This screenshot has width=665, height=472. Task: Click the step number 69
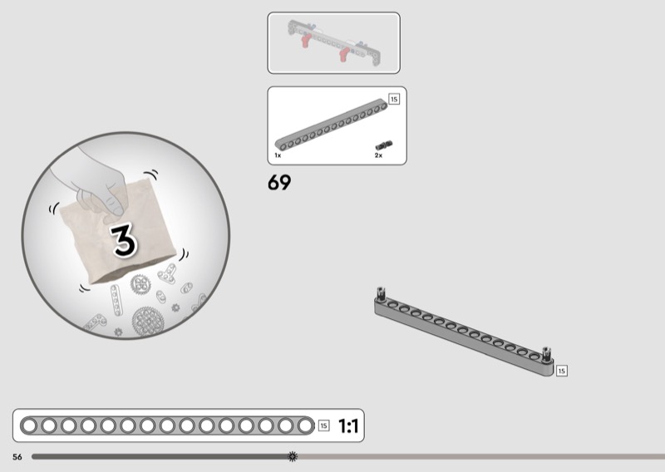[279, 182]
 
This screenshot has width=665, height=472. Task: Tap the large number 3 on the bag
[124, 240]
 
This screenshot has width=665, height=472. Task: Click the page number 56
[17, 457]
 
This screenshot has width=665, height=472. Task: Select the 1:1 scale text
[348, 425]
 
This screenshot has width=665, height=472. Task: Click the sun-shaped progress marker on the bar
[293, 456]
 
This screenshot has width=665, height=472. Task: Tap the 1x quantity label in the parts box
[278, 155]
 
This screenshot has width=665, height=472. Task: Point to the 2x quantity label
[378, 155]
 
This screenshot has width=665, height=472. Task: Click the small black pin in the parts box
[384, 145]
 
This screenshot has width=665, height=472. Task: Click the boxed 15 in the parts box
[394, 99]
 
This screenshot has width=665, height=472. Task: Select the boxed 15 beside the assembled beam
[562, 371]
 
